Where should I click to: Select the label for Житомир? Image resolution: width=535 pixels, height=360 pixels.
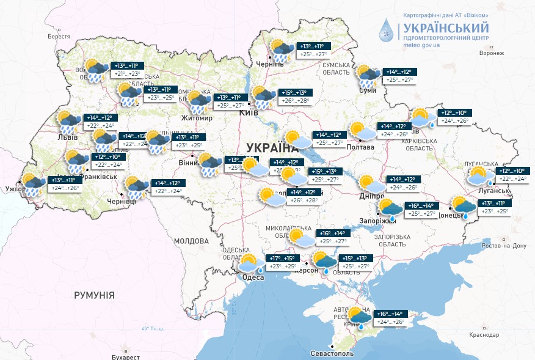pos(197,117)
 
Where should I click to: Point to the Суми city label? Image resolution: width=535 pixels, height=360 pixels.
pos(368,90)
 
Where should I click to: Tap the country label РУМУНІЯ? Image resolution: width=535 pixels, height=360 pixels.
pos(94,295)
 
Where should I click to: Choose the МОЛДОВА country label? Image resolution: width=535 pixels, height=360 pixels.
pos(192,241)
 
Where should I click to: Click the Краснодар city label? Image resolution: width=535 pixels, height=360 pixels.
pos(484,334)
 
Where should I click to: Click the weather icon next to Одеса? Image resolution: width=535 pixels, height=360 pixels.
pos(250,263)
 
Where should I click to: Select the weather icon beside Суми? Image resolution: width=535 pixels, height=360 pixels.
pos(369,75)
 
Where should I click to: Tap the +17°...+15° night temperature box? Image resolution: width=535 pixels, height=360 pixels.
pos(282,258)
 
